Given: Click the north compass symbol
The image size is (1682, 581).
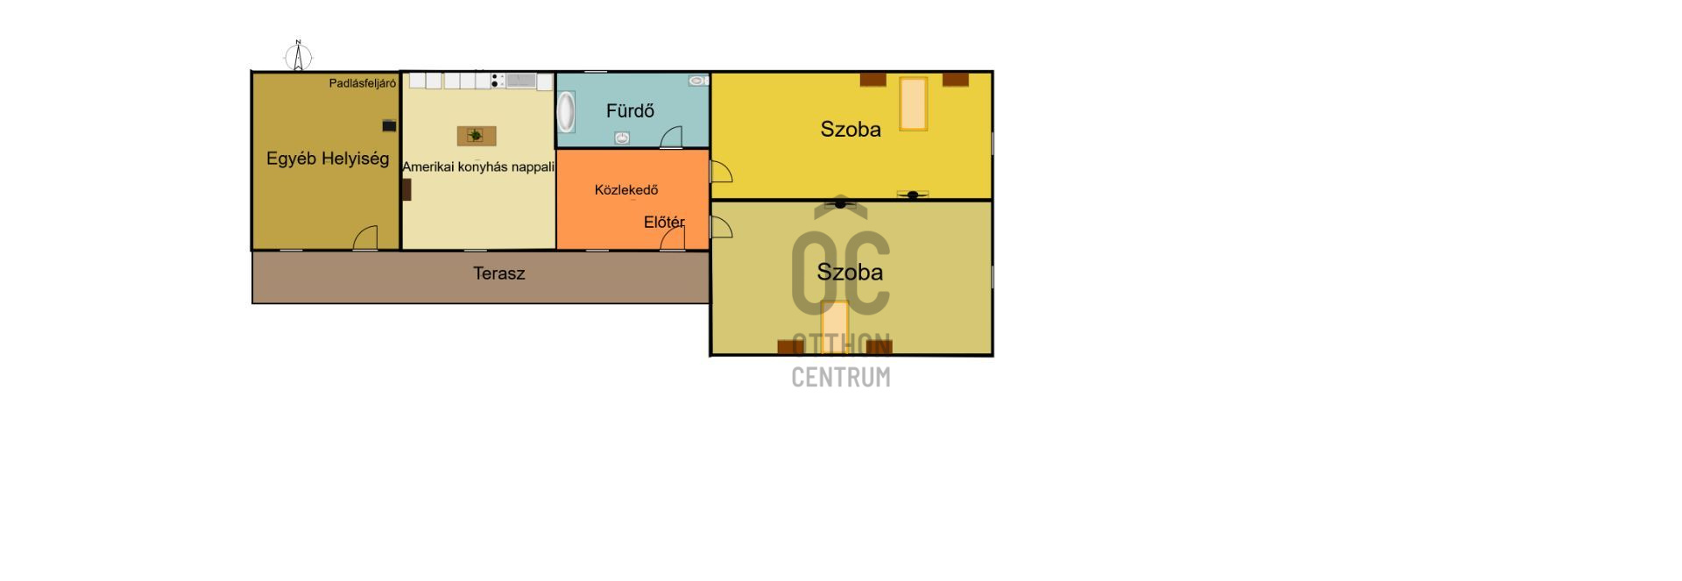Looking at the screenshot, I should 299,56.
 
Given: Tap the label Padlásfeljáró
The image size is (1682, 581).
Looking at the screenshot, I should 362,83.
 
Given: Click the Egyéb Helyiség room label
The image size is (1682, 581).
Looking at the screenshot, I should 328,159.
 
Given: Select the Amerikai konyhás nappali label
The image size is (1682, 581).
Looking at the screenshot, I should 478,167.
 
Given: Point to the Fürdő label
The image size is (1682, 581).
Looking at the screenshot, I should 630,111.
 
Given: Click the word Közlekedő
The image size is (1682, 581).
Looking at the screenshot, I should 625,189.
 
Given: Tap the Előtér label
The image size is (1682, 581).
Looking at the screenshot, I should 663,222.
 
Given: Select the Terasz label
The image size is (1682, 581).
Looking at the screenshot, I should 498,273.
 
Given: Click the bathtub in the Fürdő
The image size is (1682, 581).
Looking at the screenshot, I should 566,111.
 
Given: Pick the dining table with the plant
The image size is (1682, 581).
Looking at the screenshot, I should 477,135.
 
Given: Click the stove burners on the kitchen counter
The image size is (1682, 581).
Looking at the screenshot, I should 497,81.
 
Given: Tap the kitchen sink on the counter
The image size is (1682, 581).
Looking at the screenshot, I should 521,81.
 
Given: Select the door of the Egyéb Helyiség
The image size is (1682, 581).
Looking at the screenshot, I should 366,237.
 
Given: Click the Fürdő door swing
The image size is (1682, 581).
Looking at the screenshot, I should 672,137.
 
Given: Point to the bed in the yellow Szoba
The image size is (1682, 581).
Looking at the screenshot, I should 913,103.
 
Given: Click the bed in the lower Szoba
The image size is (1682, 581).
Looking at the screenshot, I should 835,326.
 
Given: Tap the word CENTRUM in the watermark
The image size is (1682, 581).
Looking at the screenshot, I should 840,377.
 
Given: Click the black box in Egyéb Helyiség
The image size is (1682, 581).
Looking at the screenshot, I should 389,126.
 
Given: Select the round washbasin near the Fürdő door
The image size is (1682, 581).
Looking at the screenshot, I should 622,138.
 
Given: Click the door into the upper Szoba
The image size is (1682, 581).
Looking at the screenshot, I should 721,172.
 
